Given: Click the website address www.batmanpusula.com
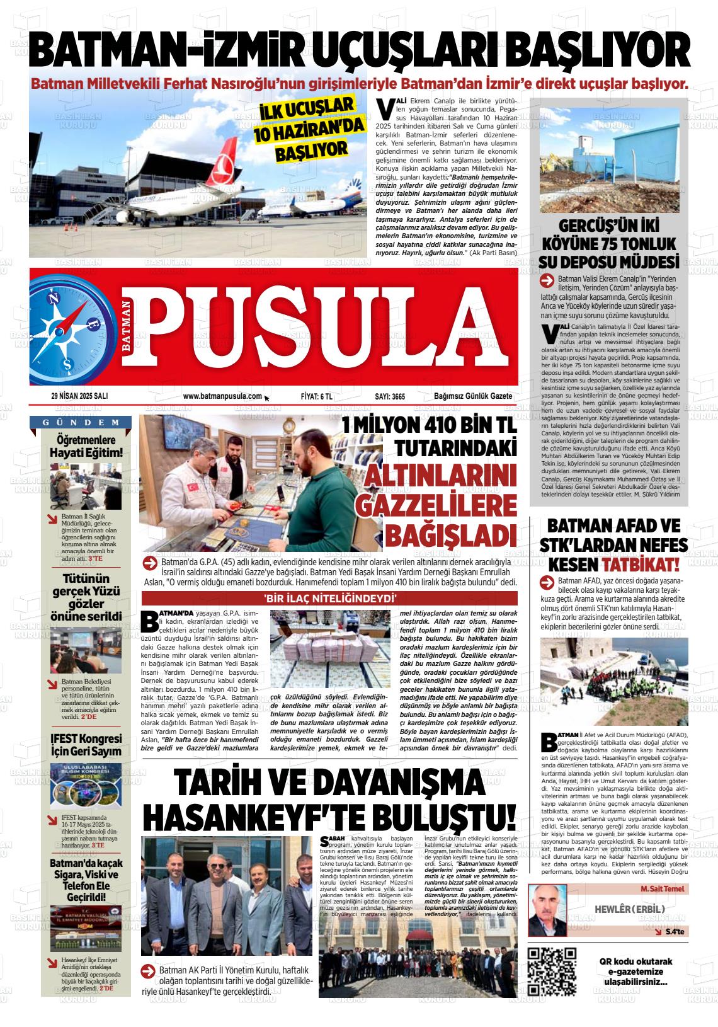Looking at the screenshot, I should [x=222, y=396].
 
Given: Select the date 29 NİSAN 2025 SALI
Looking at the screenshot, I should [x=80, y=396].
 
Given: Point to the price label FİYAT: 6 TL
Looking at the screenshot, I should [x=316, y=396].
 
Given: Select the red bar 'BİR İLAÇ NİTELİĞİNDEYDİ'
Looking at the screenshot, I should [x=329, y=599].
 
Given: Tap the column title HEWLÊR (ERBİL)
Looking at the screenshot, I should [x=630, y=909].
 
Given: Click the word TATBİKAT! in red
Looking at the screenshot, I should [x=641, y=564].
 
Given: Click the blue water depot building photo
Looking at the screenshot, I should [x=609, y=160].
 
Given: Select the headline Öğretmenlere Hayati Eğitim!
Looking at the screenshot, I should [x=86, y=446].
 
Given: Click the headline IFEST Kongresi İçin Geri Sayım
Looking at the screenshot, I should [x=86, y=744].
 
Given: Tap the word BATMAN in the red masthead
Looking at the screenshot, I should [x=127, y=326].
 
